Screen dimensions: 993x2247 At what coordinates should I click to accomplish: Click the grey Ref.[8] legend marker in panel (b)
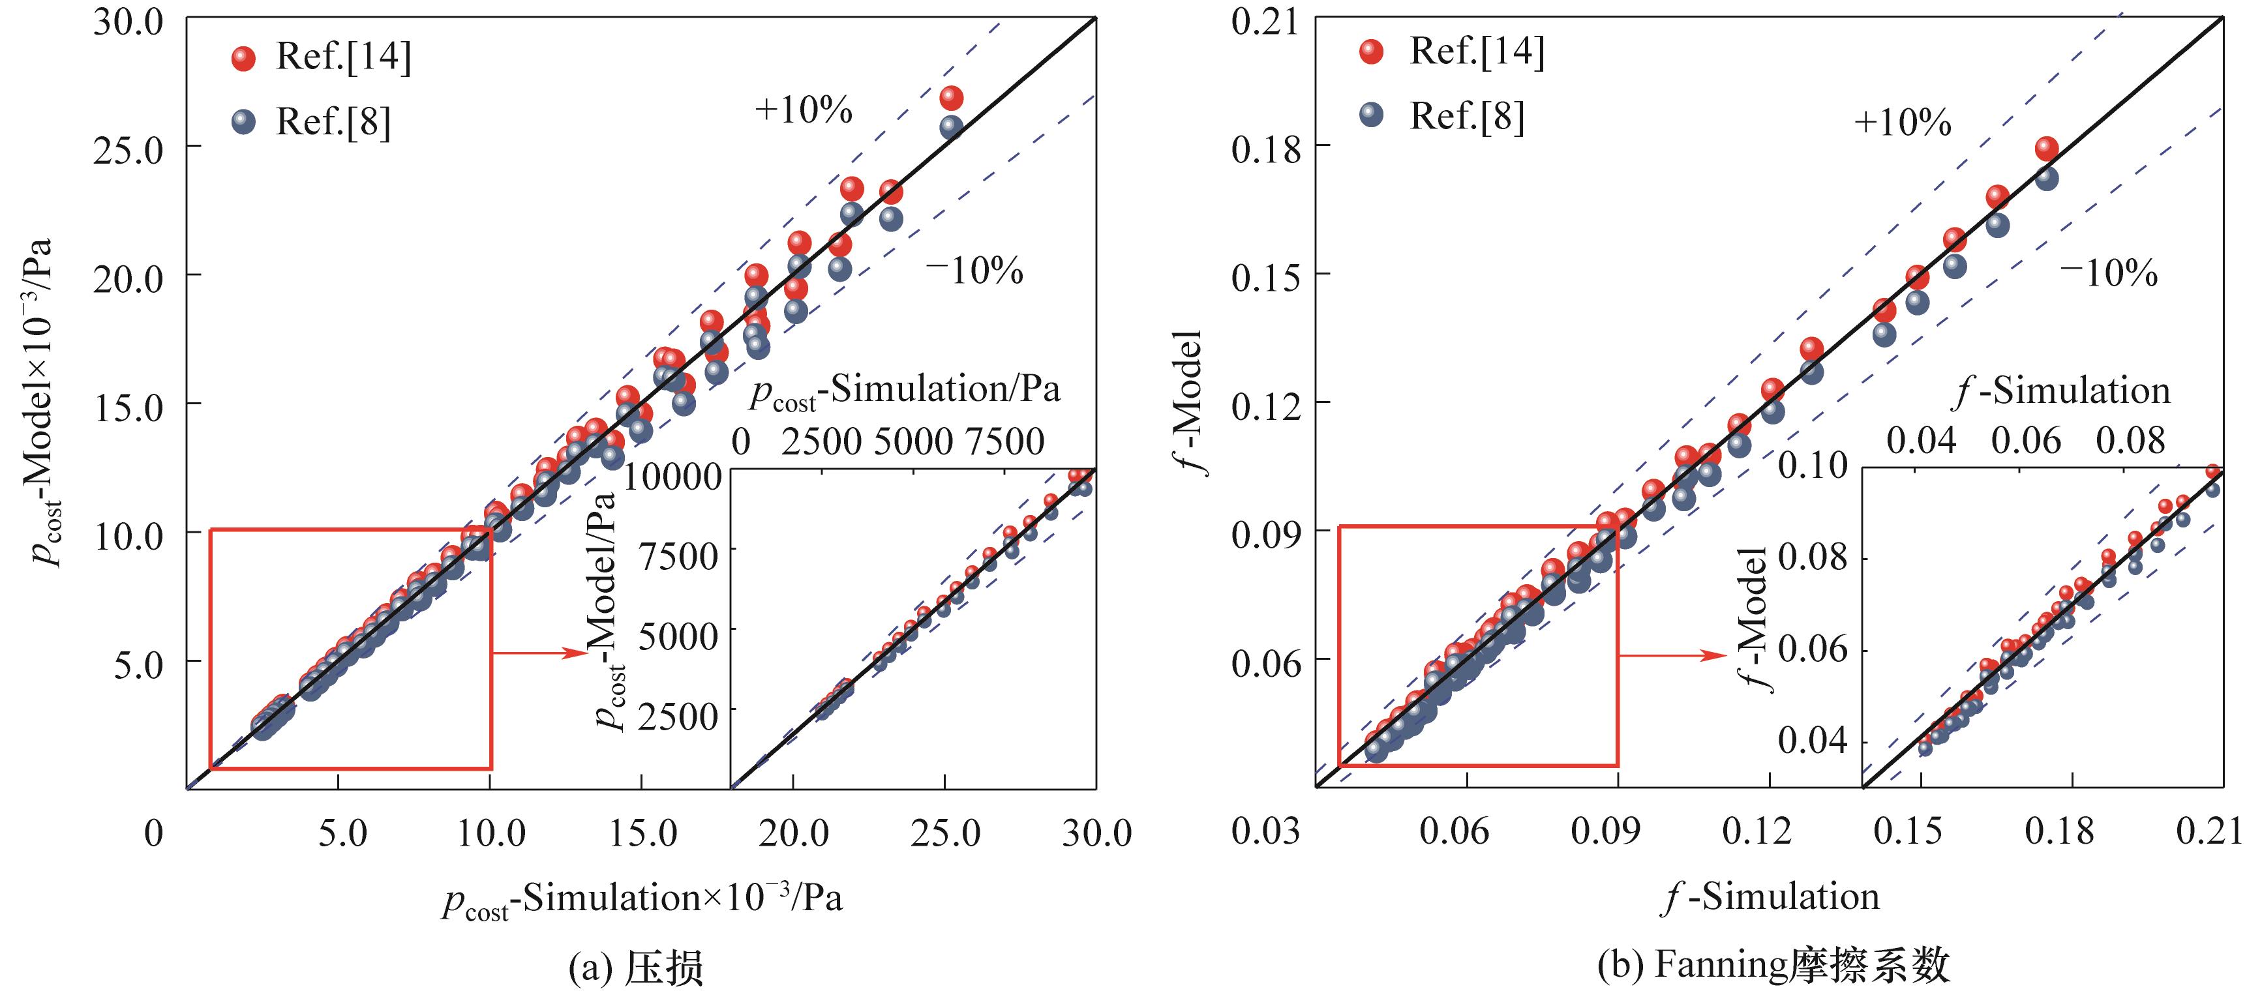tap(1372, 115)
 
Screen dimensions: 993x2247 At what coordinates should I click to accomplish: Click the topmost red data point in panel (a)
tap(951, 98)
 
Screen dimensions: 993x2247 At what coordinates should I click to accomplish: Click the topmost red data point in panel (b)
tap(2046, 149)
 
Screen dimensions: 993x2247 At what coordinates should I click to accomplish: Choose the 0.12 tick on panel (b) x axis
tap(1756, 832)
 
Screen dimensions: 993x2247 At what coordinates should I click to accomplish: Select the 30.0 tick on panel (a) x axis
tap(1096, 833)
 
